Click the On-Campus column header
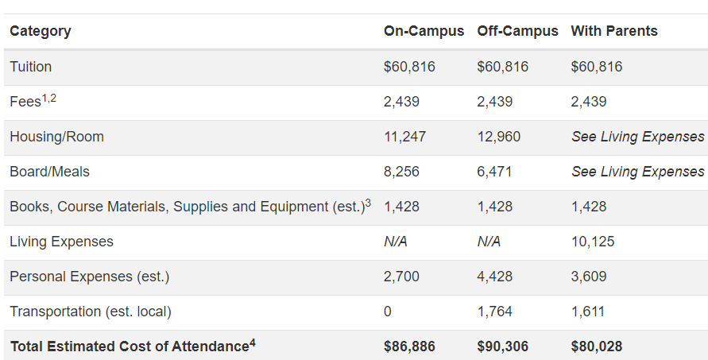coord(424,31)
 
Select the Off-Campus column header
coord(517,31)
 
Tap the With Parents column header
coord(614,31)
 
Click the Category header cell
coord(41,31)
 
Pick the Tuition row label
coord(31,67)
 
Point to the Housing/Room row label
coord(56,137)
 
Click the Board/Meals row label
coord(49,172)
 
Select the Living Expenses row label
coord(61,242)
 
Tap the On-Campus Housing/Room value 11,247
coord(404,137)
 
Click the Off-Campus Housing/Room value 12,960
coord(498,137)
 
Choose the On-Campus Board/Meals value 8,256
coord(401,172)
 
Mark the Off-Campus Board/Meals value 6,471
coord(494,172)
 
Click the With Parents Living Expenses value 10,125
coord(592,242)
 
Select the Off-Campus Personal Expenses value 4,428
coord(494,277)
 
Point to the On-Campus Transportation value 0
coord(388,312)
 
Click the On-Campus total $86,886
coord(409,346)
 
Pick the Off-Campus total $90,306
coord(502,346)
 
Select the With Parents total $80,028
coord(596,346)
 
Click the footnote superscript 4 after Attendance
coord(253,343)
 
